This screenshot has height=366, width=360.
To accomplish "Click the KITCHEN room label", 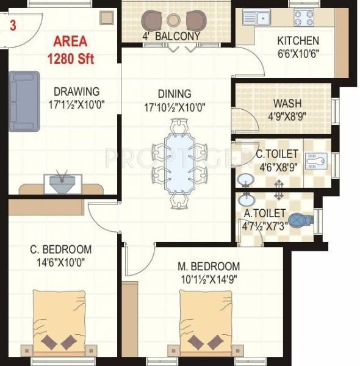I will pyautogui.click(x=298, y=41).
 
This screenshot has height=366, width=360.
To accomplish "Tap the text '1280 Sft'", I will pyautogui.click(x=75, y=59).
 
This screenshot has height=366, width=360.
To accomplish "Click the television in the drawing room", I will pyautogui.click(x=59, y=181).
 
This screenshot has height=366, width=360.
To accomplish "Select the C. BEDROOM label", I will pyautogui.click(x=62, y=249).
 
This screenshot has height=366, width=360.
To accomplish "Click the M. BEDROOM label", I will pyautogui.click(x=209, y=267).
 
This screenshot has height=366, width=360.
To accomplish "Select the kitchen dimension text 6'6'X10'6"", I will pyautogui.click(x=298, y=53).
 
